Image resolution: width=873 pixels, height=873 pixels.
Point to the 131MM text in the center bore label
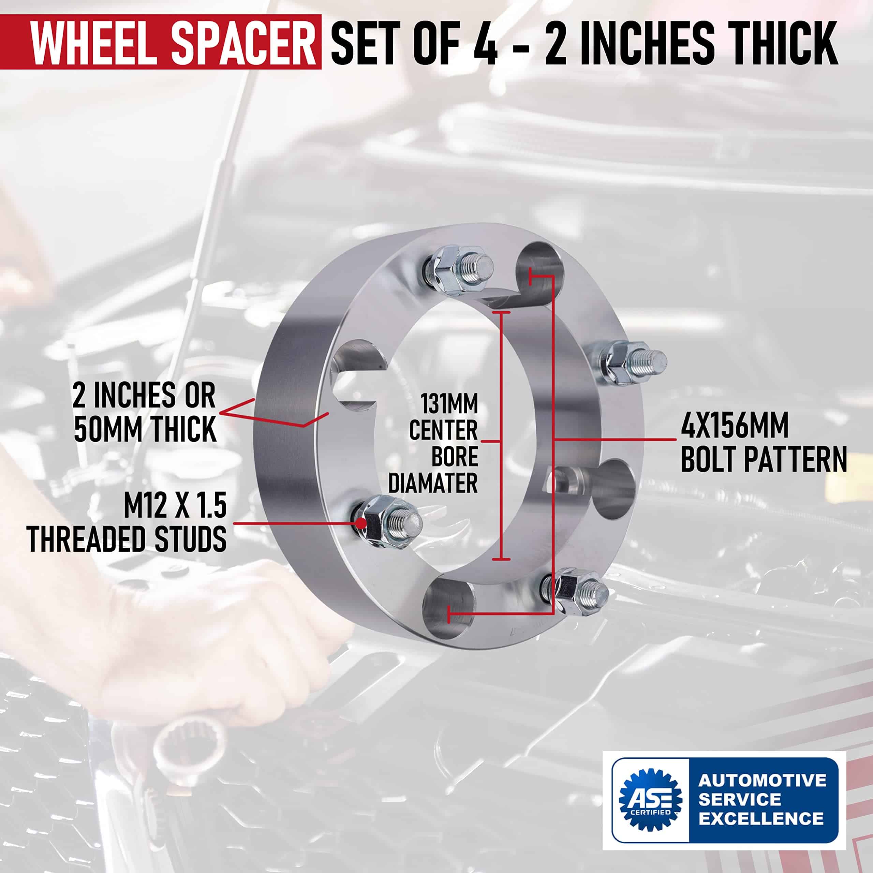[x=449, y=403]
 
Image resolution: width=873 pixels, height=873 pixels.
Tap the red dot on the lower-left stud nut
[x=360, y=523]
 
